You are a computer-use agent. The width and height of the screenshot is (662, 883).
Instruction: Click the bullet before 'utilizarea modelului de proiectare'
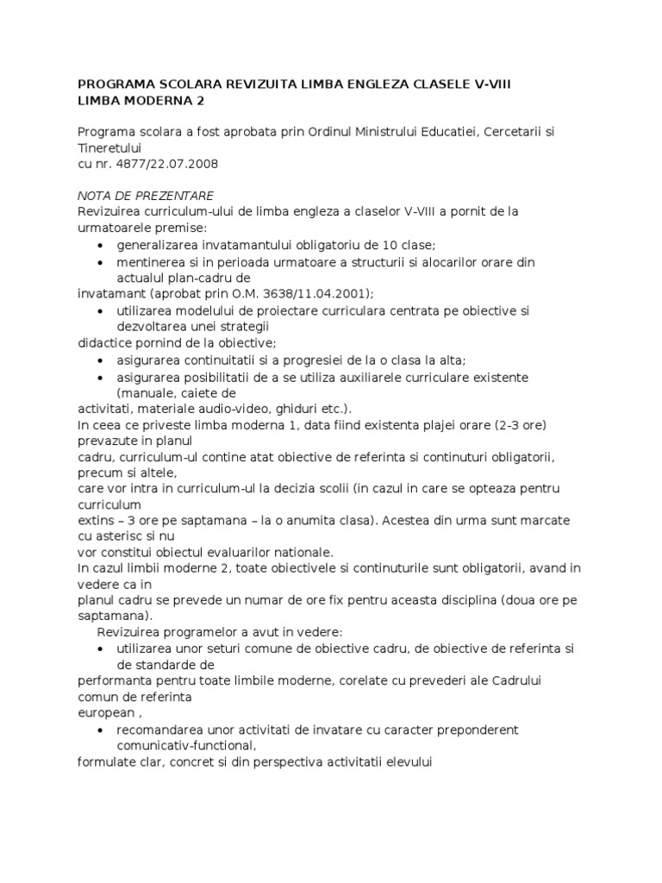click(102, 310)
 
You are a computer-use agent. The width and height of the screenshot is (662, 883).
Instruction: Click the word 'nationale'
click(311, 552)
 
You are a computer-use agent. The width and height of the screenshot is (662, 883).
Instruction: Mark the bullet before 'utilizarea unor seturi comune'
click(102, 649)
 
